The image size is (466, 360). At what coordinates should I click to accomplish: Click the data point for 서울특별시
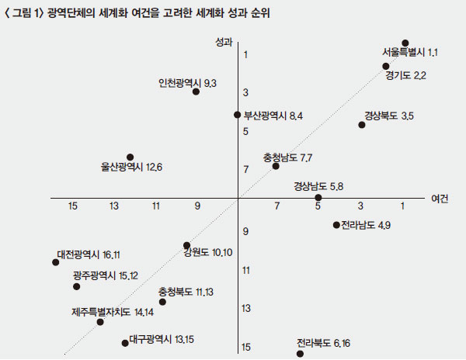(x=405, y=43)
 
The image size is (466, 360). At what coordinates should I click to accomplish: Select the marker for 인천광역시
(x=196, y=92)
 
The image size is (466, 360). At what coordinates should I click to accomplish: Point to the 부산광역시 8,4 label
(x=273, y=116)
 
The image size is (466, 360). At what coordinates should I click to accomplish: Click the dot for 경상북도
(x=362, y=124)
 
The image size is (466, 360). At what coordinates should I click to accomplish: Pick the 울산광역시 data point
(x=130, y=157)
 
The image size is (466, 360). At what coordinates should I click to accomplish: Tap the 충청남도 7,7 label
(x=287, y=157)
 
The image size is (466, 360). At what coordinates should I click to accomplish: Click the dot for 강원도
(x=187, y=245)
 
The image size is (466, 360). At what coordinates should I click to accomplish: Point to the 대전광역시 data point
(x=56, y=262)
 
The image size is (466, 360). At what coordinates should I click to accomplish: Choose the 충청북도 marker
(x=162, y=301)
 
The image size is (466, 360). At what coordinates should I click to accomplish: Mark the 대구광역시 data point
(x=124, y=343)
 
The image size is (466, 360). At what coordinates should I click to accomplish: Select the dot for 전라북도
(x=300, y=354)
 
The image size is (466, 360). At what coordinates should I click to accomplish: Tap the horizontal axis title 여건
(x=440, y=198)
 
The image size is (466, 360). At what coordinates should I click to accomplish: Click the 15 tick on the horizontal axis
(x=73, y=206)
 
